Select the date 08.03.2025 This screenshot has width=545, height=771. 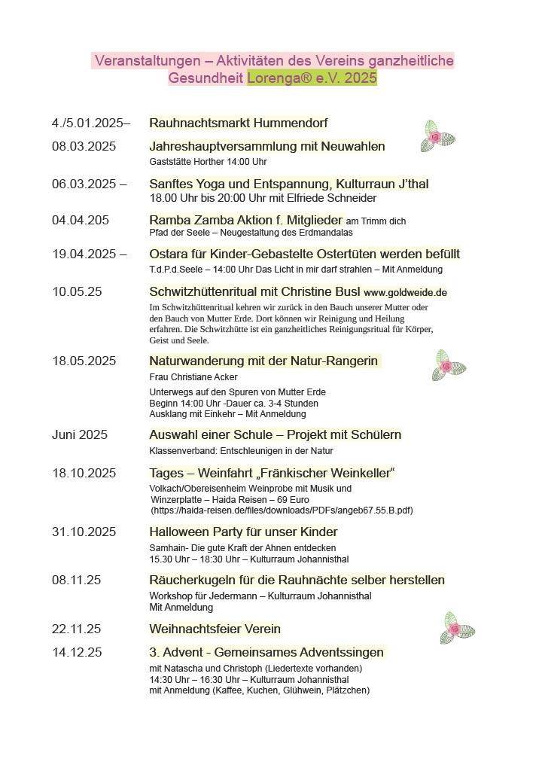pos(84,146)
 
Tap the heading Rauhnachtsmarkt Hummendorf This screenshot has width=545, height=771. pos(238,123)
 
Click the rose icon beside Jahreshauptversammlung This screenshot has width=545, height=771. pos(437,137)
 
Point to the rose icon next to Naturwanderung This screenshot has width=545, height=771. pos(448,365)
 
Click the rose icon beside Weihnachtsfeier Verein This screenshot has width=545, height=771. pos(457,627)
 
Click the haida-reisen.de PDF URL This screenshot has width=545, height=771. pos(282,510)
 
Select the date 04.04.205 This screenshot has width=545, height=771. pos(81,221)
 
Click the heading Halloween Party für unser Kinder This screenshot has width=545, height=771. pos(243,532)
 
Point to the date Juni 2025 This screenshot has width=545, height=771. pos(80,434)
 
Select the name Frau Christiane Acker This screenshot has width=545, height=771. pos(193,376)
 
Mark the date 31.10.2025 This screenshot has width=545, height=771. pos(84,532)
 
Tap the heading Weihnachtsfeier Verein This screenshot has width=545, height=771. pos(215,629)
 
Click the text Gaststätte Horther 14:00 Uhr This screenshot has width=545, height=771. pos(208,161)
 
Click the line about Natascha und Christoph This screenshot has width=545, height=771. pos(255,668)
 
